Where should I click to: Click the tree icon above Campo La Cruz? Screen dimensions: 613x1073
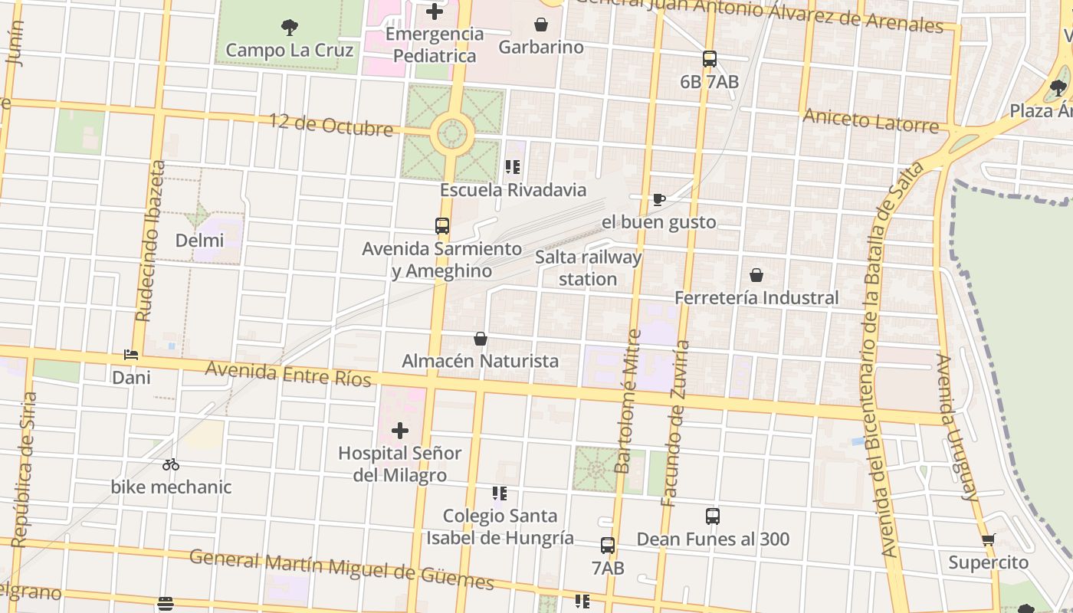click(x=290, y=28)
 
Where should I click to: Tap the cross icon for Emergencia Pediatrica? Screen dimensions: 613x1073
click(x=435, y=11)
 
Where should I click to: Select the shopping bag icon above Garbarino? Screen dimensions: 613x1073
click(x=541, y=25)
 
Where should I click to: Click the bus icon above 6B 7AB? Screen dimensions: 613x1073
click(x=710, y=59)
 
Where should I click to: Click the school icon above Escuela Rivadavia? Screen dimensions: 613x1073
click(x=513, y=167)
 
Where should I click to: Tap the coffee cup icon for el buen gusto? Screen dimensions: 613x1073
click(x=658, y=200)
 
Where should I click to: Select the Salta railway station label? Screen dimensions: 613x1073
click(x=588, y=268)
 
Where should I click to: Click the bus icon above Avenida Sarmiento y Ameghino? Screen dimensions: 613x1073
click(x=442, y=226)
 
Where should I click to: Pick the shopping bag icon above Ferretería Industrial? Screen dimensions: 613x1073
click(x=756, y=275)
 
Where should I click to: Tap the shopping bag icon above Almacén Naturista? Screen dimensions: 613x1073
click(x=481, y=339)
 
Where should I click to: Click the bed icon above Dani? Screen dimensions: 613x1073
click(x=131, y=356)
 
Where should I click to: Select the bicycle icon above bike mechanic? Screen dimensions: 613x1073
click(x=171, y=464)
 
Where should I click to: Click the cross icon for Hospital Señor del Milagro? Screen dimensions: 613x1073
click(x=400, y=431)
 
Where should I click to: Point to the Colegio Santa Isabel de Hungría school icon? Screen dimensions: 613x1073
click(x=500, y=493)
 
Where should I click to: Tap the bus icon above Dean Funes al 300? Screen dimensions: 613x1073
click(x=713, y=516)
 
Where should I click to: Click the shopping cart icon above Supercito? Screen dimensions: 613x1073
click(x=989, y=540)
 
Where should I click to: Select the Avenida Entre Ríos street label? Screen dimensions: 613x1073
click(x=288, y=374)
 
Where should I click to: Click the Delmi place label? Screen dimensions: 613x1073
click(x=200, y=241)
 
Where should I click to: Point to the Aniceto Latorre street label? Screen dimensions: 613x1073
click(x=871, y=120)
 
